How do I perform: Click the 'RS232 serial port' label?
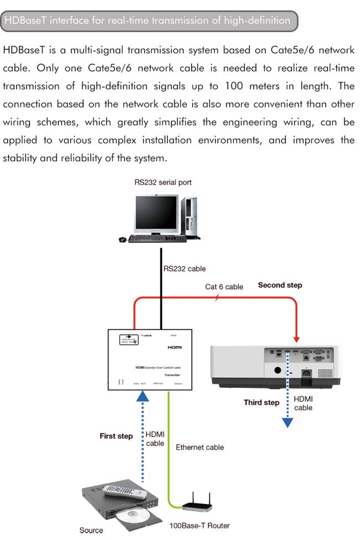[x=163, y=182]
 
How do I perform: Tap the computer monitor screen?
[x=156, y=212]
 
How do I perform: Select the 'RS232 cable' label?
[x=184, y=269]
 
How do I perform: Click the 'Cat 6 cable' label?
[x=224, y=287]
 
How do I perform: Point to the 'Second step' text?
[x=280, y=286]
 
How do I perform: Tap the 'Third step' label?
[x=261, y=403]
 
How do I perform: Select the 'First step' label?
[x=116, y=436]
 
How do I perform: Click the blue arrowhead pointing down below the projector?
[x=287, y=422]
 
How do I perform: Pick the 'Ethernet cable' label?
[x=199, y=447]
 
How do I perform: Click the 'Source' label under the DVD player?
[x=91, y=530]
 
